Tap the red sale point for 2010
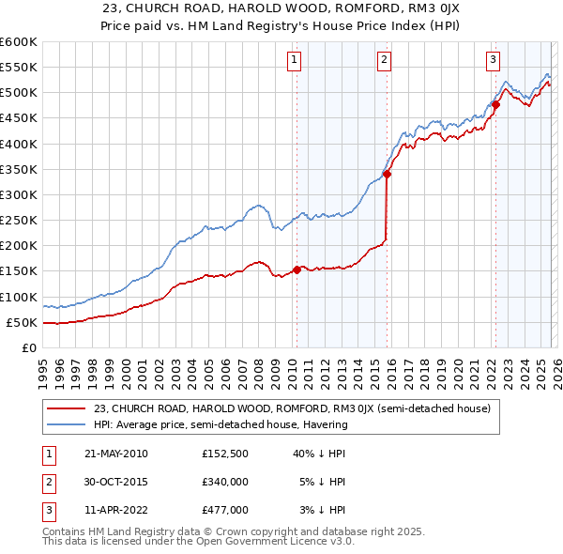(x=297, y=269)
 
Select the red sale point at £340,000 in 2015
(x=387, y=174)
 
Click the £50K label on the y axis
(x=21, y=322)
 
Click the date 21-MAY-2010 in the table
(x=116, y=454)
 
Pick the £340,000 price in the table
(x=225, y=482)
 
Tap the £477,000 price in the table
(x=225, y=510)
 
